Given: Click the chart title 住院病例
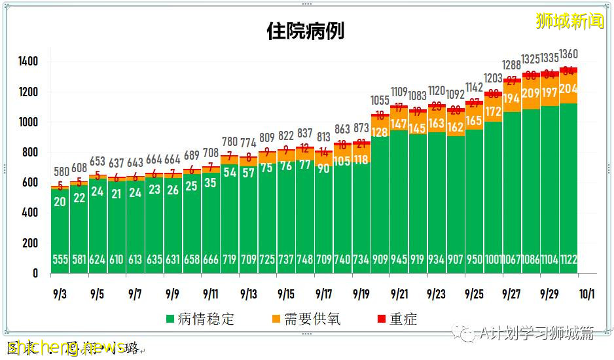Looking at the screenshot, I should pos(305,31).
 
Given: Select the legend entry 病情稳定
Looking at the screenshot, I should pos(200,319).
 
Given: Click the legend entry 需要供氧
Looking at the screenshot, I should pos(306,319).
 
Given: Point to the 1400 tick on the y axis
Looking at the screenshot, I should pos(28,62).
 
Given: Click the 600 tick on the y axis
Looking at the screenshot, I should pos(31,183).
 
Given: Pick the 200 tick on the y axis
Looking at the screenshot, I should pos(31,243).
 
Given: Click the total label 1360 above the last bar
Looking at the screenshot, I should pos(568,54).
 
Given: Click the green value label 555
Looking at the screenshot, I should pos(60,260).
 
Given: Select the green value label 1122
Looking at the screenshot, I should pos(568,260).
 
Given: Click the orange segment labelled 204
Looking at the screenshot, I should pos(568,89).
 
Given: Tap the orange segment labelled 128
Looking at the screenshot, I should pos(380,132).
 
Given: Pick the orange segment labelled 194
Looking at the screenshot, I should pos(512,99).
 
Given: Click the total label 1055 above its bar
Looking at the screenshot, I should pos(380,101).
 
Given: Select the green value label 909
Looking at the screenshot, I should pos(380,260).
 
